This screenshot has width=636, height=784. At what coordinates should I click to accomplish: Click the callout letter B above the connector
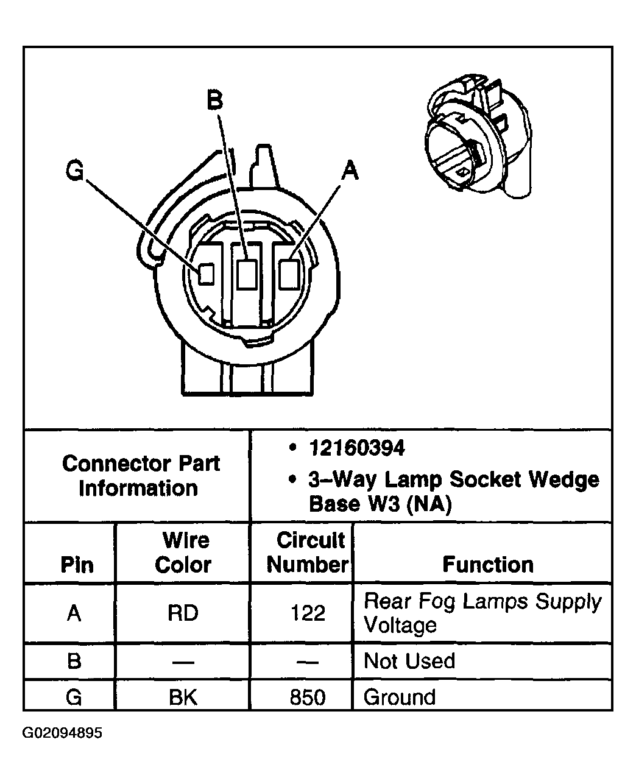tap(214, 99)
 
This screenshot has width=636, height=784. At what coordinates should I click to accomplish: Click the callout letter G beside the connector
tap(75, 172)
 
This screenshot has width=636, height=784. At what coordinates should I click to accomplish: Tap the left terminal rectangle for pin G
tap(207, 274)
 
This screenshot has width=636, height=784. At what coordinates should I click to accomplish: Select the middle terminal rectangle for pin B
tap(246, 274)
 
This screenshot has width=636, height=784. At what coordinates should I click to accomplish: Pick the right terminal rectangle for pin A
tap(288, 274)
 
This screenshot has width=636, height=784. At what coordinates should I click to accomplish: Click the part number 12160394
tap(356, 449)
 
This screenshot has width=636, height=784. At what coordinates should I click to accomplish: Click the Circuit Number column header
tap(308, 553)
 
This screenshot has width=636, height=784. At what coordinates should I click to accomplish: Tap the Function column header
tap(488, 565)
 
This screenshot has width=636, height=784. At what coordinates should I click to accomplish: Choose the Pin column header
tap(77, 565)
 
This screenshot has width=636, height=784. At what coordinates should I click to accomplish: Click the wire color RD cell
tap(183, 613)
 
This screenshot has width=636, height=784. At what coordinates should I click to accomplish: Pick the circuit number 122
tap(308, 613)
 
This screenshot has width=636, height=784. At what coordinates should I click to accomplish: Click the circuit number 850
tap(308, 697)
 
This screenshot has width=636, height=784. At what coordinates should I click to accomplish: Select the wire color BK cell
tap(183, 697)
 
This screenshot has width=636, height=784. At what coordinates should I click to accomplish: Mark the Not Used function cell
tap(409, 662)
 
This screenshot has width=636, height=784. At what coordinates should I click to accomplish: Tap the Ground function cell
tap(400, 697)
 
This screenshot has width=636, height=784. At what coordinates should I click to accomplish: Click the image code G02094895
tap(62, 732)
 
